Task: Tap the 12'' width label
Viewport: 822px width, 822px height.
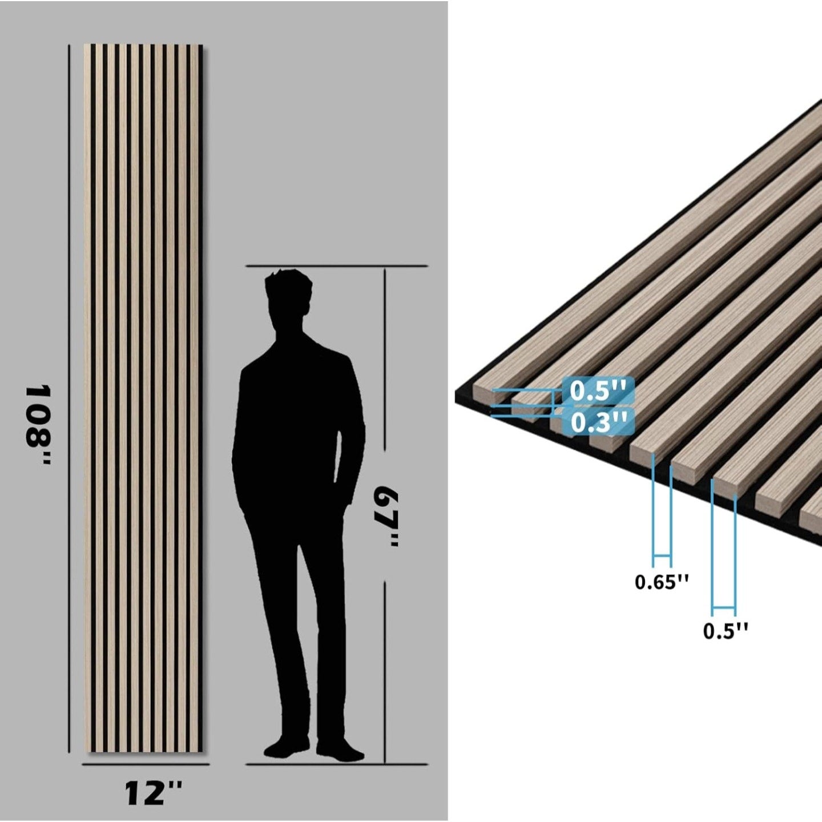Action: click(153, 793)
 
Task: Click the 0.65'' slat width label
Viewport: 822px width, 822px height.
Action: click(662, 582)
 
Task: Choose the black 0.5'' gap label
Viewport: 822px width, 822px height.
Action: click(726, 631)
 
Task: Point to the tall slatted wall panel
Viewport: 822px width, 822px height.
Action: click(143, 400)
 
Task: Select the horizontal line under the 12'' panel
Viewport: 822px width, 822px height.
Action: click(146, 764)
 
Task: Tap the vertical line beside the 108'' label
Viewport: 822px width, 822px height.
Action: click(69, 400)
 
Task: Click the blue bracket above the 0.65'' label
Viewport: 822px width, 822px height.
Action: click(662, 554)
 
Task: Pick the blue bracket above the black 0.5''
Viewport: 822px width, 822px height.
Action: click(723, 606)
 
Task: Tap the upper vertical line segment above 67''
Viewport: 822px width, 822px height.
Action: click(386, 371)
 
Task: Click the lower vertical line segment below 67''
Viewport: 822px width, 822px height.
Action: click(386, 674)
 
